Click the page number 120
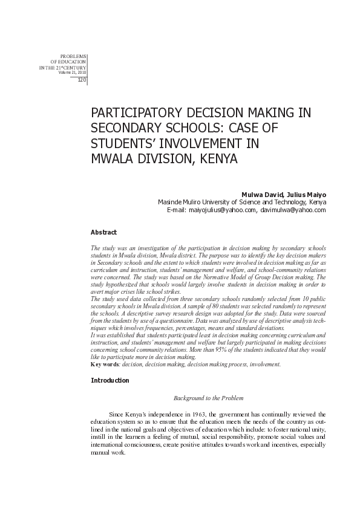pyautogui.click(x=82, y=80)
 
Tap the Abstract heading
pyautogui.click(x=103, y=232)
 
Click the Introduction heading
pyautogui.click(x=110, y=380)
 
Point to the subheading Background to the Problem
pyautogui.click(x=208, y=398)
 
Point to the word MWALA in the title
pyautogui.click(x=113, y=160)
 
